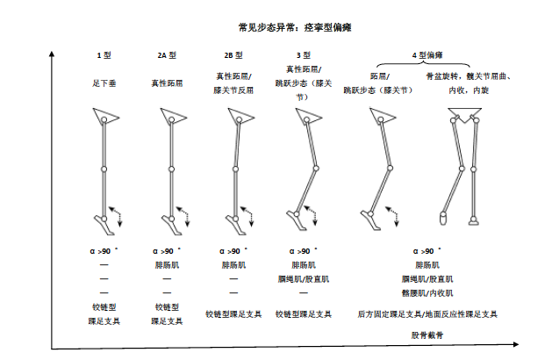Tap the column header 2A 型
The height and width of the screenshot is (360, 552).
pos(168,56)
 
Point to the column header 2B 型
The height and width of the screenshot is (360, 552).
pos(233,56)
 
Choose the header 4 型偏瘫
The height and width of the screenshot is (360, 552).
pos(427,56)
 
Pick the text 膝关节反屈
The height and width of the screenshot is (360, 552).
pos(233,90)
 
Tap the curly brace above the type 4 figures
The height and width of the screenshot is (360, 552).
pos(427,68)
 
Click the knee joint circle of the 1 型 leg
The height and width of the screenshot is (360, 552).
pos(104,169)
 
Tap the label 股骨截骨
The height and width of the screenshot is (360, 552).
pos(427,335)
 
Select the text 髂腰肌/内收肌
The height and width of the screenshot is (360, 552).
pos(427,292)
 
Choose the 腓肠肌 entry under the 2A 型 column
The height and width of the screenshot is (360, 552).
pos(168,264)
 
